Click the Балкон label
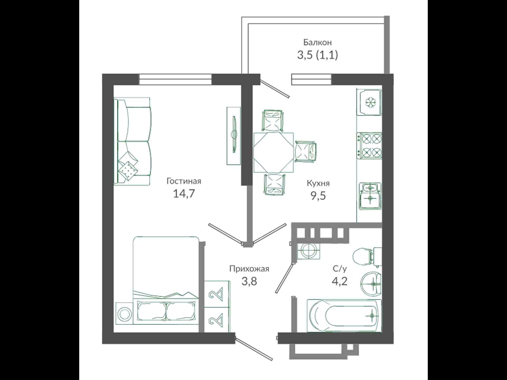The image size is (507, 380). coord(317,42)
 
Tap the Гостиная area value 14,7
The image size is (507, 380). coord(184,194)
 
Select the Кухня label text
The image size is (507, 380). coord(318,183)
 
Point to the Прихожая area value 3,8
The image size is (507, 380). coord(249,282)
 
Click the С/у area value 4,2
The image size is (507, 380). coord(340,282)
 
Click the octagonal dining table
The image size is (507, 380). coord(274,153)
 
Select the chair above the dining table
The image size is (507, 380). coord(273,121)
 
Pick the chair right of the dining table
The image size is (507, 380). coord(306,152)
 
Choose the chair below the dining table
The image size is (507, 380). coord(274,185)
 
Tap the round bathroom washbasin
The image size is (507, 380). coord(371,284)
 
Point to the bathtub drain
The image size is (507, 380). coord(372,316)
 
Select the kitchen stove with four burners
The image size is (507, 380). coord(369,146)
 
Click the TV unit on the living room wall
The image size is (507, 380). coord(234,136)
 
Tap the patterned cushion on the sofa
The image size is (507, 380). coord(128,170)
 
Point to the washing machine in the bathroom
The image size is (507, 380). coord(308,250)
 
